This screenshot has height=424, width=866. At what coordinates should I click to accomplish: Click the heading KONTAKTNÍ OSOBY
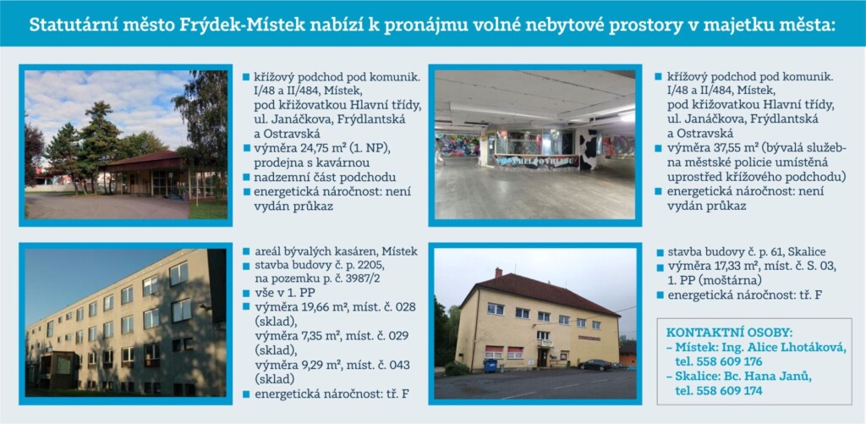[729, 333]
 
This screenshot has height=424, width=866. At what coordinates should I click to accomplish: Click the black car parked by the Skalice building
[595, 365]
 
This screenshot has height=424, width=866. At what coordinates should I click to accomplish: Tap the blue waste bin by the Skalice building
[490, 366]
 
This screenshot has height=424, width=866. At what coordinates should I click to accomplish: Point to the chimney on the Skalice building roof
[499, 273]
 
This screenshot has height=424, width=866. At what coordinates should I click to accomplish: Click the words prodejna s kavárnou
[312, 162]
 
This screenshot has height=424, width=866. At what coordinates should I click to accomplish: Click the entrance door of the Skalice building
[543, 358]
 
